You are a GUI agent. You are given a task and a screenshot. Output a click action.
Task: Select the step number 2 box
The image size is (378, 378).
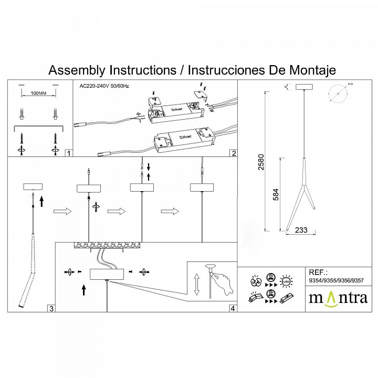point(234,153)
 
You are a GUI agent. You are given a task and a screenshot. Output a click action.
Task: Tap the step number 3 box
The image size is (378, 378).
point(51,308)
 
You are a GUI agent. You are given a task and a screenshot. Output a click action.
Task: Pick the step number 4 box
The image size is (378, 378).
point(233,308)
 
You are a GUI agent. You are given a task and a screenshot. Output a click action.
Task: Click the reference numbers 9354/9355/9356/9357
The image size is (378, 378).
point(336,281)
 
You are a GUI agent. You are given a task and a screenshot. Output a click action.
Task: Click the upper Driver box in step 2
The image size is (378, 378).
point(176,109)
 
